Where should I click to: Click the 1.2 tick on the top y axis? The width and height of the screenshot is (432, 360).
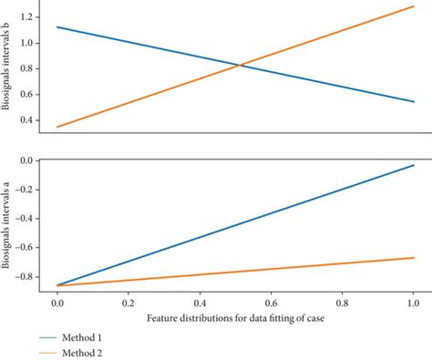[28, 17]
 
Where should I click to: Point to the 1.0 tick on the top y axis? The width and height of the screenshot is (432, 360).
[28, 43]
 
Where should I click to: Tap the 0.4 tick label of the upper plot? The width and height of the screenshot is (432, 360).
[28, 120]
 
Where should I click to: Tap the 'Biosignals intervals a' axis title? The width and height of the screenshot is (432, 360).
[8, 221]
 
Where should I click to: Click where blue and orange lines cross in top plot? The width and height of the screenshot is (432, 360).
[240, 65]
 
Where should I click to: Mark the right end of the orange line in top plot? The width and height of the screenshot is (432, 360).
[413, 6]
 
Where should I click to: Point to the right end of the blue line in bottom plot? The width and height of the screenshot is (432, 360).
[413, 165]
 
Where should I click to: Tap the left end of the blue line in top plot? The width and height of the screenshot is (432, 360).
[57, 26]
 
